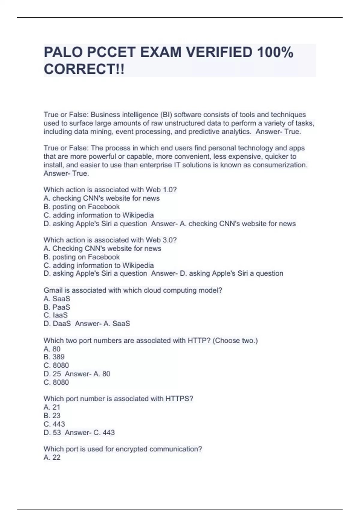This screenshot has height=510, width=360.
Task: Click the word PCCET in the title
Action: [x=111, y=52]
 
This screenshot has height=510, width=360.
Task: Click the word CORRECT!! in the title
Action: [x=84, y=69]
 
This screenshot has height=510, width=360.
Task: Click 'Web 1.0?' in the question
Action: [x=161, y=190]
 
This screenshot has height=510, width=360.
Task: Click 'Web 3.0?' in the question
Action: [x=161, y=240]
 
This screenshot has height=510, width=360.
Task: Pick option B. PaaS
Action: [x=57, y=307]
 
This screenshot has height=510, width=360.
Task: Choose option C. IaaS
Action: [x=56, y=315]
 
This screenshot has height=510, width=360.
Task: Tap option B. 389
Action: [x=54, y=357]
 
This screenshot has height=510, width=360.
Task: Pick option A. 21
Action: [x=52, y=407]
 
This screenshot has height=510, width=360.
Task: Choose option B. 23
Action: [x=52, y=415]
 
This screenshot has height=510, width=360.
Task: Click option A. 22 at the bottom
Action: [x=52, y=457]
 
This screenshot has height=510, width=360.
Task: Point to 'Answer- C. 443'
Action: [x=90, y=433]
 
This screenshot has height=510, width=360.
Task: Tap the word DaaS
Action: [x=62, y=324]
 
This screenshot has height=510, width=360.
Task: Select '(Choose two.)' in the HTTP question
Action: [x=235, y=340]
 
